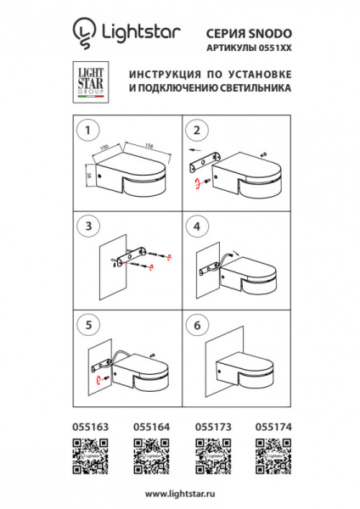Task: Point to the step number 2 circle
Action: (196, 130)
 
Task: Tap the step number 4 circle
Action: (196, 227)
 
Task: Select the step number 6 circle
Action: (196, 324)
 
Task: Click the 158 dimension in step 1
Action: (147, 144)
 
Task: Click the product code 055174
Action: (275, 428)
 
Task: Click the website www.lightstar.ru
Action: (179, 493)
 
